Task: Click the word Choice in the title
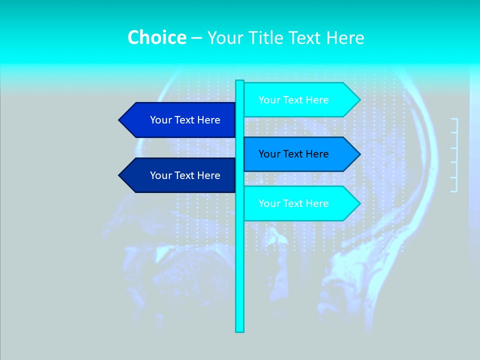(156, 37)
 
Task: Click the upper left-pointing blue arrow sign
(180, 120)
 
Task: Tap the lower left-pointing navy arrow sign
(180, 175)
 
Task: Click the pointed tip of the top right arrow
(359, 100)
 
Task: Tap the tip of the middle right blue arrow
(359, 154)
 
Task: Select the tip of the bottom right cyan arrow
(359, 203)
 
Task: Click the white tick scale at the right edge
(454, 155)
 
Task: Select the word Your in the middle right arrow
(269, 154)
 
